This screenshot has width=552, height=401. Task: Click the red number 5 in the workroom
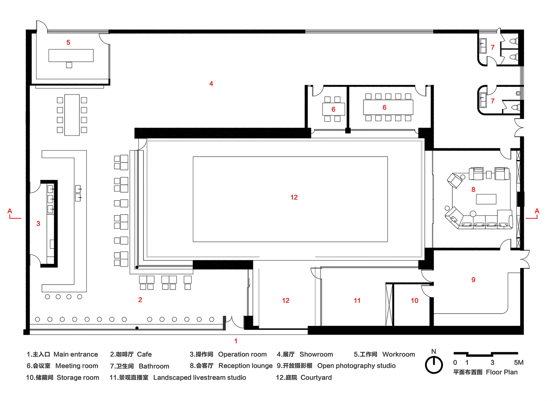[x=68, y=43]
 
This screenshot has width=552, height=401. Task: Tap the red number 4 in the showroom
[x=211, y=84]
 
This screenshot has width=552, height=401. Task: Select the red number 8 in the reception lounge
[x=473, y=190]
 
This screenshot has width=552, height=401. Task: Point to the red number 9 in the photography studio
[x=473, y=280]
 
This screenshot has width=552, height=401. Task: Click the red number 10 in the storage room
[x=414, y=300]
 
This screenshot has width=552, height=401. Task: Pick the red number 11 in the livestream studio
[x=357, y=300]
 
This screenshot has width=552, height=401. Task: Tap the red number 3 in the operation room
[x=38, y=223]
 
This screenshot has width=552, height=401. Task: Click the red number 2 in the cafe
[x=140, y=300]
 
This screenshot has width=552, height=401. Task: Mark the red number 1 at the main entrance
[x=236, y=341]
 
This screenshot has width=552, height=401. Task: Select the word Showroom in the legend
[x=316, y=354]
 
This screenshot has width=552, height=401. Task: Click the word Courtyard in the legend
[x=316, y=377]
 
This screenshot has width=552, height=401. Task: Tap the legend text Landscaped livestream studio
[x=200, y=377]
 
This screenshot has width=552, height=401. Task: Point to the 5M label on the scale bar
[x=519, y=363]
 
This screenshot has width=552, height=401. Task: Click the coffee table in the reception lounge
[x=486, y=199]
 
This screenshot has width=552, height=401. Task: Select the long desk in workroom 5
[x=71, y=55]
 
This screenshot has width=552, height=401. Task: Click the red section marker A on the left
[x=10, y=211]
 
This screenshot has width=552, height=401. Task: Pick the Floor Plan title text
[x=502, y=372]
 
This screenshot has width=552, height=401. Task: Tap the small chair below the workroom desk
[x=69, y=65]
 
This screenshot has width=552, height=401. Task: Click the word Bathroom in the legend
[x=154, y=366]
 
